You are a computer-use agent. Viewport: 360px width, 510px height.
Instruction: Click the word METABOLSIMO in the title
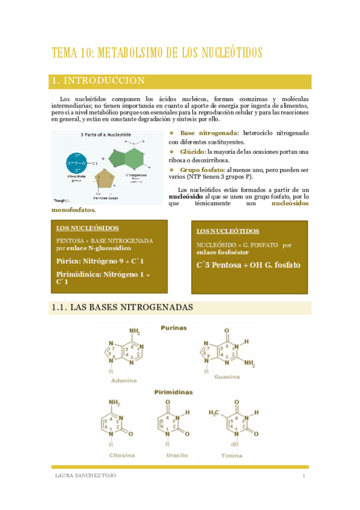(x=130, y=52)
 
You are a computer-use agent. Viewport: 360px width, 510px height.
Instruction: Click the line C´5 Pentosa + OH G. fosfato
(x=248, y=265)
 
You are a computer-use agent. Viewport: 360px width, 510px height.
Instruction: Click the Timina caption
(x=231, y=455)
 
